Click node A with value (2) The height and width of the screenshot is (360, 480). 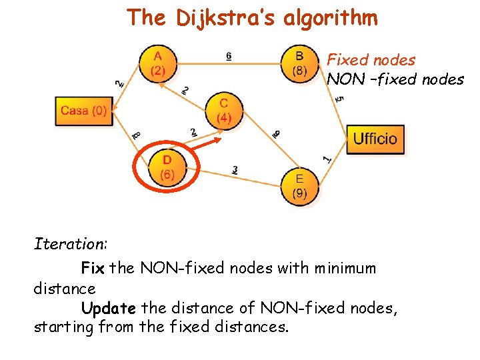pos(158,64)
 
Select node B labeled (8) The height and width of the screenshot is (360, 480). pos(299,63)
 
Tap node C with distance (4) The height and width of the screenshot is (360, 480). pos(223,111)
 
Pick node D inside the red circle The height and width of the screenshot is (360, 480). pos(167,167)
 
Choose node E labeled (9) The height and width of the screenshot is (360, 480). pos(299,186)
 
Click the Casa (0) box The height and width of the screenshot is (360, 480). pos(83,111)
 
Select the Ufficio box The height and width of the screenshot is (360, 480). pos(375,139)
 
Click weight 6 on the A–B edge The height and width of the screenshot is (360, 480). pos(229,57)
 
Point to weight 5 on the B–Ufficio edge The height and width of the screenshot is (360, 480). pos(339,99)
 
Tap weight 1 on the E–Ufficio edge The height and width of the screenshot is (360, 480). pos(326,159)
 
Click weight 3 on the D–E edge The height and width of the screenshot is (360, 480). pos(235,170)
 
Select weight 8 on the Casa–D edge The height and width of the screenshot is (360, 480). pos(136,135)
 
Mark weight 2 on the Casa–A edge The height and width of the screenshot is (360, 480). pos(119,83)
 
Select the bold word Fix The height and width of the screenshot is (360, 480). pos(93,268)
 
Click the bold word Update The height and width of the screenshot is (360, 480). pos(108,308)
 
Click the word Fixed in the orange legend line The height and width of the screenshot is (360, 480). pos(348,60)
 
